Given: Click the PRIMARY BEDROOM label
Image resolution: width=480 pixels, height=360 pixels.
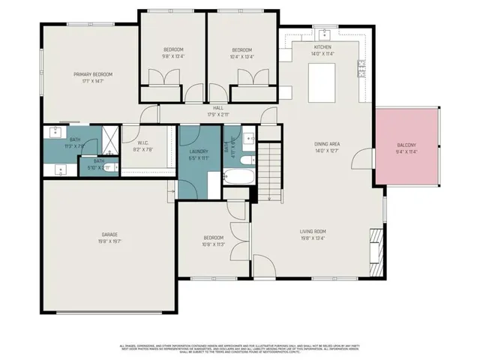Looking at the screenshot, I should (x=93, y=74).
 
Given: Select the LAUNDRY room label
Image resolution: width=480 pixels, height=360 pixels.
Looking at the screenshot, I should (x=199, y=151).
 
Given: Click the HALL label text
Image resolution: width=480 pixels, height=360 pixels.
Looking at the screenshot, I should (x=217, y=108).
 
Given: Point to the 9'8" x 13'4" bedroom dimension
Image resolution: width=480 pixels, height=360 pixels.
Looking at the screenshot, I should (x=173, y=56).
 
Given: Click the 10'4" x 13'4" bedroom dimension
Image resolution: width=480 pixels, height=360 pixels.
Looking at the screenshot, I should (x=241, y=56).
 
